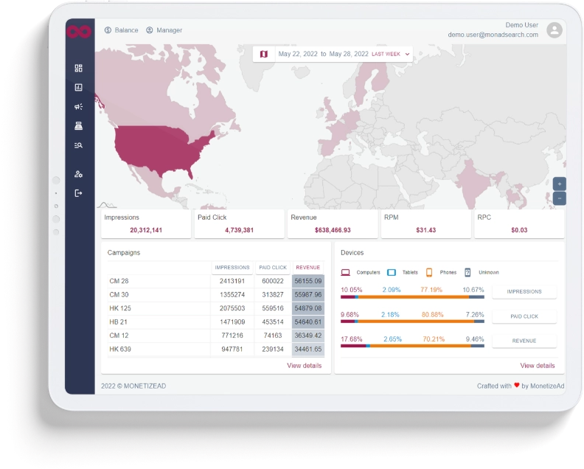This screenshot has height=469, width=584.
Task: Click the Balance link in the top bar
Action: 122,30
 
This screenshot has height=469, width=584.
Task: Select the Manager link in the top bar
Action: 164,30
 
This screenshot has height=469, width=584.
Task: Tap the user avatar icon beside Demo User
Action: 555,30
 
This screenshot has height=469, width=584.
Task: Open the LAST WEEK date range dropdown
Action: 392,54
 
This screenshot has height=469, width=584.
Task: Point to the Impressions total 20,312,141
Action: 146,230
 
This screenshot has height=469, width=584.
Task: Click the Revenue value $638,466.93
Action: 332,230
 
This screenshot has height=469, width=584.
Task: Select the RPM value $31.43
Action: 425,230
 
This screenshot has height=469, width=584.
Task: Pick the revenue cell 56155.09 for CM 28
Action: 307,281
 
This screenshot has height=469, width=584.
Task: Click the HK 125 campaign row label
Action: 120,308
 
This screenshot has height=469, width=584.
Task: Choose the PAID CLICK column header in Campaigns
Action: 273,268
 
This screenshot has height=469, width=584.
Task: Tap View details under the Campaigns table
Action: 304,366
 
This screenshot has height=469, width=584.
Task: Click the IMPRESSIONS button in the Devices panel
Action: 524,291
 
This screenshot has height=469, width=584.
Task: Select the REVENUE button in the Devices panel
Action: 524,341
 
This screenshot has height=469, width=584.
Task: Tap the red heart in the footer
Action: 517,385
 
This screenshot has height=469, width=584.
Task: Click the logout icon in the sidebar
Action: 78,193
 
